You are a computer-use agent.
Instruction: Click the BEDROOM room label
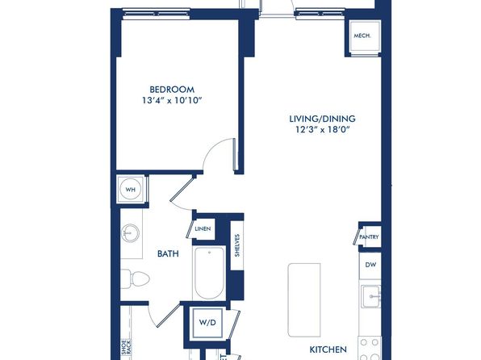[172, 90]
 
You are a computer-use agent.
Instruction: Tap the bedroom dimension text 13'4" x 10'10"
[172, 100]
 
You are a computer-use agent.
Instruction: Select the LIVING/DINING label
[322, 119]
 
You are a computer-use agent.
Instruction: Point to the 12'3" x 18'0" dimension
[322, 129]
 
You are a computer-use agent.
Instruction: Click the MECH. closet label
[362, 36]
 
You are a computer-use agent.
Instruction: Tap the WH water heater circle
[131, 190]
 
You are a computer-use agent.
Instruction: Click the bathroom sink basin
[130, 233]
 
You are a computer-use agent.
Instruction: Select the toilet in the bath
[135, 278]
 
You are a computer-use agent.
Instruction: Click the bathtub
[210, 273]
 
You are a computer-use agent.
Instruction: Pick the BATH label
[168, 253]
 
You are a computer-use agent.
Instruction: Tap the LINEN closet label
[203, 228]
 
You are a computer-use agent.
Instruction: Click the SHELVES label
[237, 245]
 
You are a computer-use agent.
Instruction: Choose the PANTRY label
[369, 237]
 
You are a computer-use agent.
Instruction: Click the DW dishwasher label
[370, 265]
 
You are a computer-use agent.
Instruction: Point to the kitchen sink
[371, 296]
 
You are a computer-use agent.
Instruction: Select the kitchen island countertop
[304, 299]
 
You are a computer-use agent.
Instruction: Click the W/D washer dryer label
[207, 323]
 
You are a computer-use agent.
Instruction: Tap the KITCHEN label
[328, 350]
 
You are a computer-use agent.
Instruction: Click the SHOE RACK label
[126, 347]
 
